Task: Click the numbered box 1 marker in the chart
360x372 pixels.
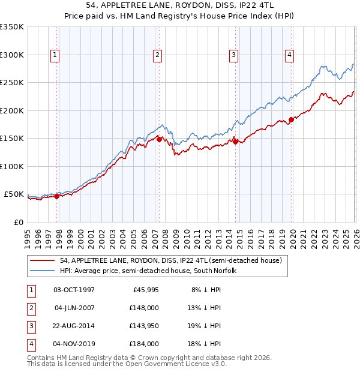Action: point(55,55)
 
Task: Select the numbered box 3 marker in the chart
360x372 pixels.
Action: point(233,55)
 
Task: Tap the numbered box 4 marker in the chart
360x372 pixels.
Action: point(289,55)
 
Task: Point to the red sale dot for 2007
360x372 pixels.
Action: point(159,139)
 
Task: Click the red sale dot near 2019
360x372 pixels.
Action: point(291,119)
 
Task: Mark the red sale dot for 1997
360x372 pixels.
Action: point(57,196)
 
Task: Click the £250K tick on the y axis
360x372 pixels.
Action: point(13,83)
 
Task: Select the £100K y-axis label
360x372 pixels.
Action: point(13,166)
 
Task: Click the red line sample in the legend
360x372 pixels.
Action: point(43,260)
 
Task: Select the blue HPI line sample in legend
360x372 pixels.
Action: point(43,271)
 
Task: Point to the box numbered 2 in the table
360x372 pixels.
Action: point(31,308)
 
